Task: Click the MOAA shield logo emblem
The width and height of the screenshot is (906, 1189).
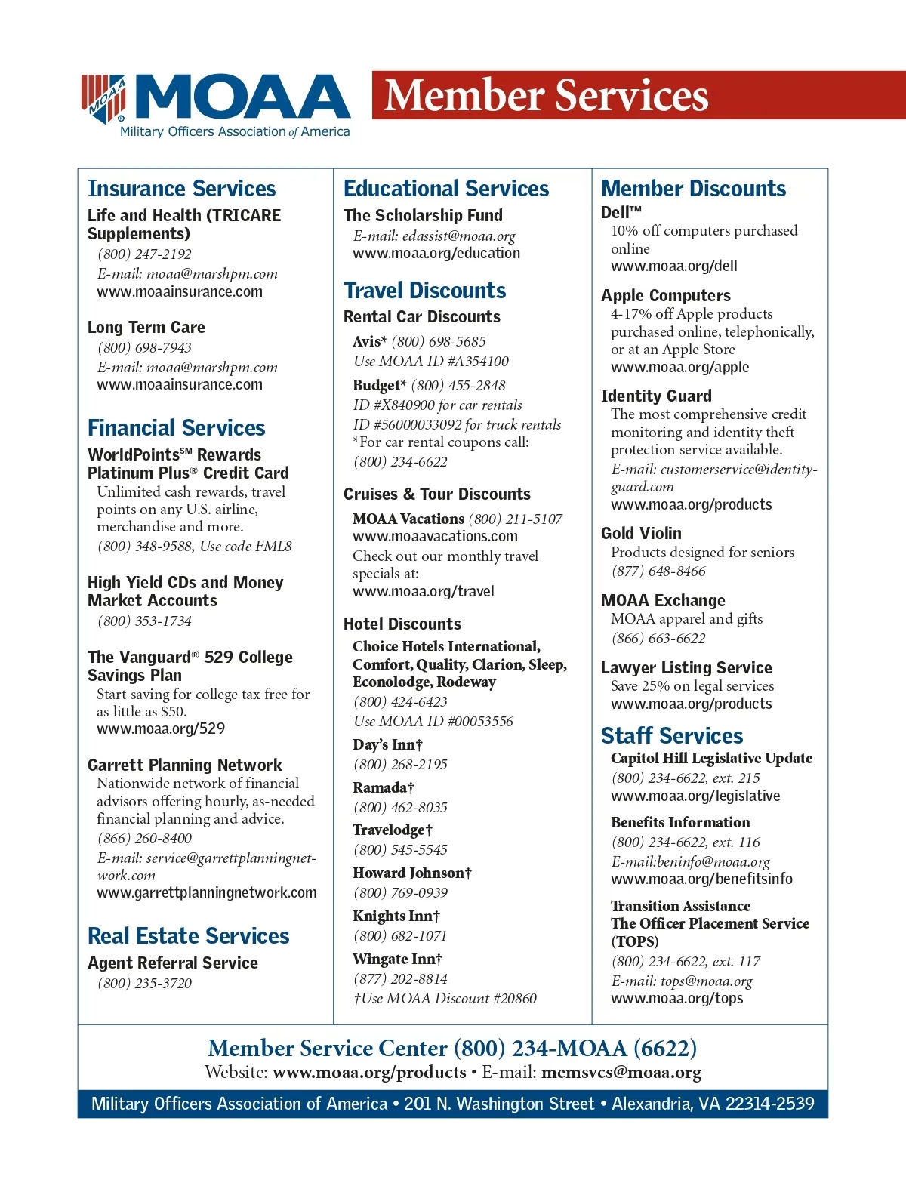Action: tap(104, 98)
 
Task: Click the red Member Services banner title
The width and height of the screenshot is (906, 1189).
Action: tap(547, 96)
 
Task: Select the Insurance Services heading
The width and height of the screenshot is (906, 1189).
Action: tap(181, 189)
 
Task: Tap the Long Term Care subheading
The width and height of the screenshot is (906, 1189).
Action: tap(146, 328)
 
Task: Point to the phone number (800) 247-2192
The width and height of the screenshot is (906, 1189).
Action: tap(144, 254)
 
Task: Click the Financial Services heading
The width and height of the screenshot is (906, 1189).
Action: tap(176, 428)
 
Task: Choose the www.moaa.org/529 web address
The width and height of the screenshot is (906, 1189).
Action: tap(161, 729)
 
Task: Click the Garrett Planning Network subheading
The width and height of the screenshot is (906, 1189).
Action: tap(184, 765)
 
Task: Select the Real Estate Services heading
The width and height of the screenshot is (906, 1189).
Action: tap(188, 936)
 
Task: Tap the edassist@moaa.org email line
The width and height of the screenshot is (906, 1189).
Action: tap(434, 236)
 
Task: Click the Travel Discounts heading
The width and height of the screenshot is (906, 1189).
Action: tap(424, 291)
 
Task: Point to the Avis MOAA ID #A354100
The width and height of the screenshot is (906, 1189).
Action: tap(431, 362)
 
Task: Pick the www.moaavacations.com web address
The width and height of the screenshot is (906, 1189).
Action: tap(435, 537)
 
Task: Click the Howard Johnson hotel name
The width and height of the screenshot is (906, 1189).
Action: tap(411, 873)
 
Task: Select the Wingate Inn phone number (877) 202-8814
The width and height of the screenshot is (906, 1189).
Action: tap(400, 979)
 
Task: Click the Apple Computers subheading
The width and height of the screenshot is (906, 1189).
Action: tap(665, 296)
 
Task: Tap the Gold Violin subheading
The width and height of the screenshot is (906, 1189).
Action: tap(641, 534)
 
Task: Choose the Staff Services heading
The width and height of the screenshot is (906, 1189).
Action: tap(671, 736)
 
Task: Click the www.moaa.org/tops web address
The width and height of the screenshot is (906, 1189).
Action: tap(676, 999)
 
